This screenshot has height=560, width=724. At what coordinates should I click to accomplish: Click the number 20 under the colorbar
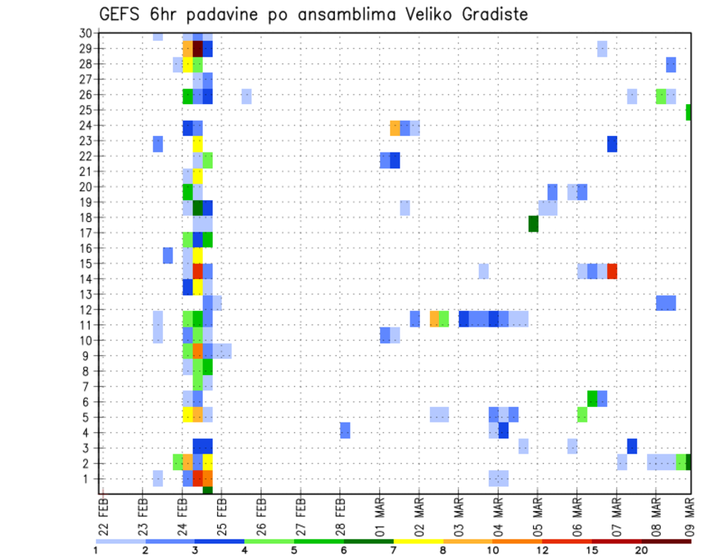tap(641, 549)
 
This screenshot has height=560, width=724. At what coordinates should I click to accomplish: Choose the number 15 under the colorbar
tap(592, 549)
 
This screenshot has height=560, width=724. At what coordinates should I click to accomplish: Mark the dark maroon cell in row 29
tap(198, 48)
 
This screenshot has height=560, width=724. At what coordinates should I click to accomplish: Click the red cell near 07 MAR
tap(612, 271)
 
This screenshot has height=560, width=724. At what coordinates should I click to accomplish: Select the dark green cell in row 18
tap(533, 224)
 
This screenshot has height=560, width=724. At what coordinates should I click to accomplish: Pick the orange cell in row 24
tap(394, 128)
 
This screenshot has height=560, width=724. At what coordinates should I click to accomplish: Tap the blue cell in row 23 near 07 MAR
tap(612, 143)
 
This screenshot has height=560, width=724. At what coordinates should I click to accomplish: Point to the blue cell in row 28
tap(670, 64)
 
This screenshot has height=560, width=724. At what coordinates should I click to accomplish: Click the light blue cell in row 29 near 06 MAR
tap(602, 48)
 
